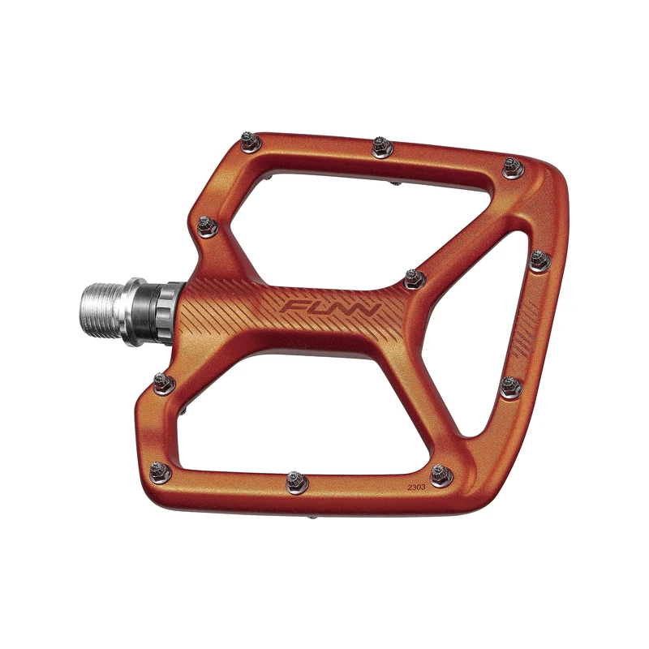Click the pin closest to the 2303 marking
[x=441, y=475]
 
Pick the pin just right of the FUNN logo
[x=415, y=278]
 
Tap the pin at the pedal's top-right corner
[x=512, y=167]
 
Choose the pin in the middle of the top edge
[x=382, y=147]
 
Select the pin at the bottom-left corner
[x=159, y=471]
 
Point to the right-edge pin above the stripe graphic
[x=540, y=260]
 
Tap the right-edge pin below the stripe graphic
[x=511, y=386]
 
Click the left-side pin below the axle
[x=165, y=381]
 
